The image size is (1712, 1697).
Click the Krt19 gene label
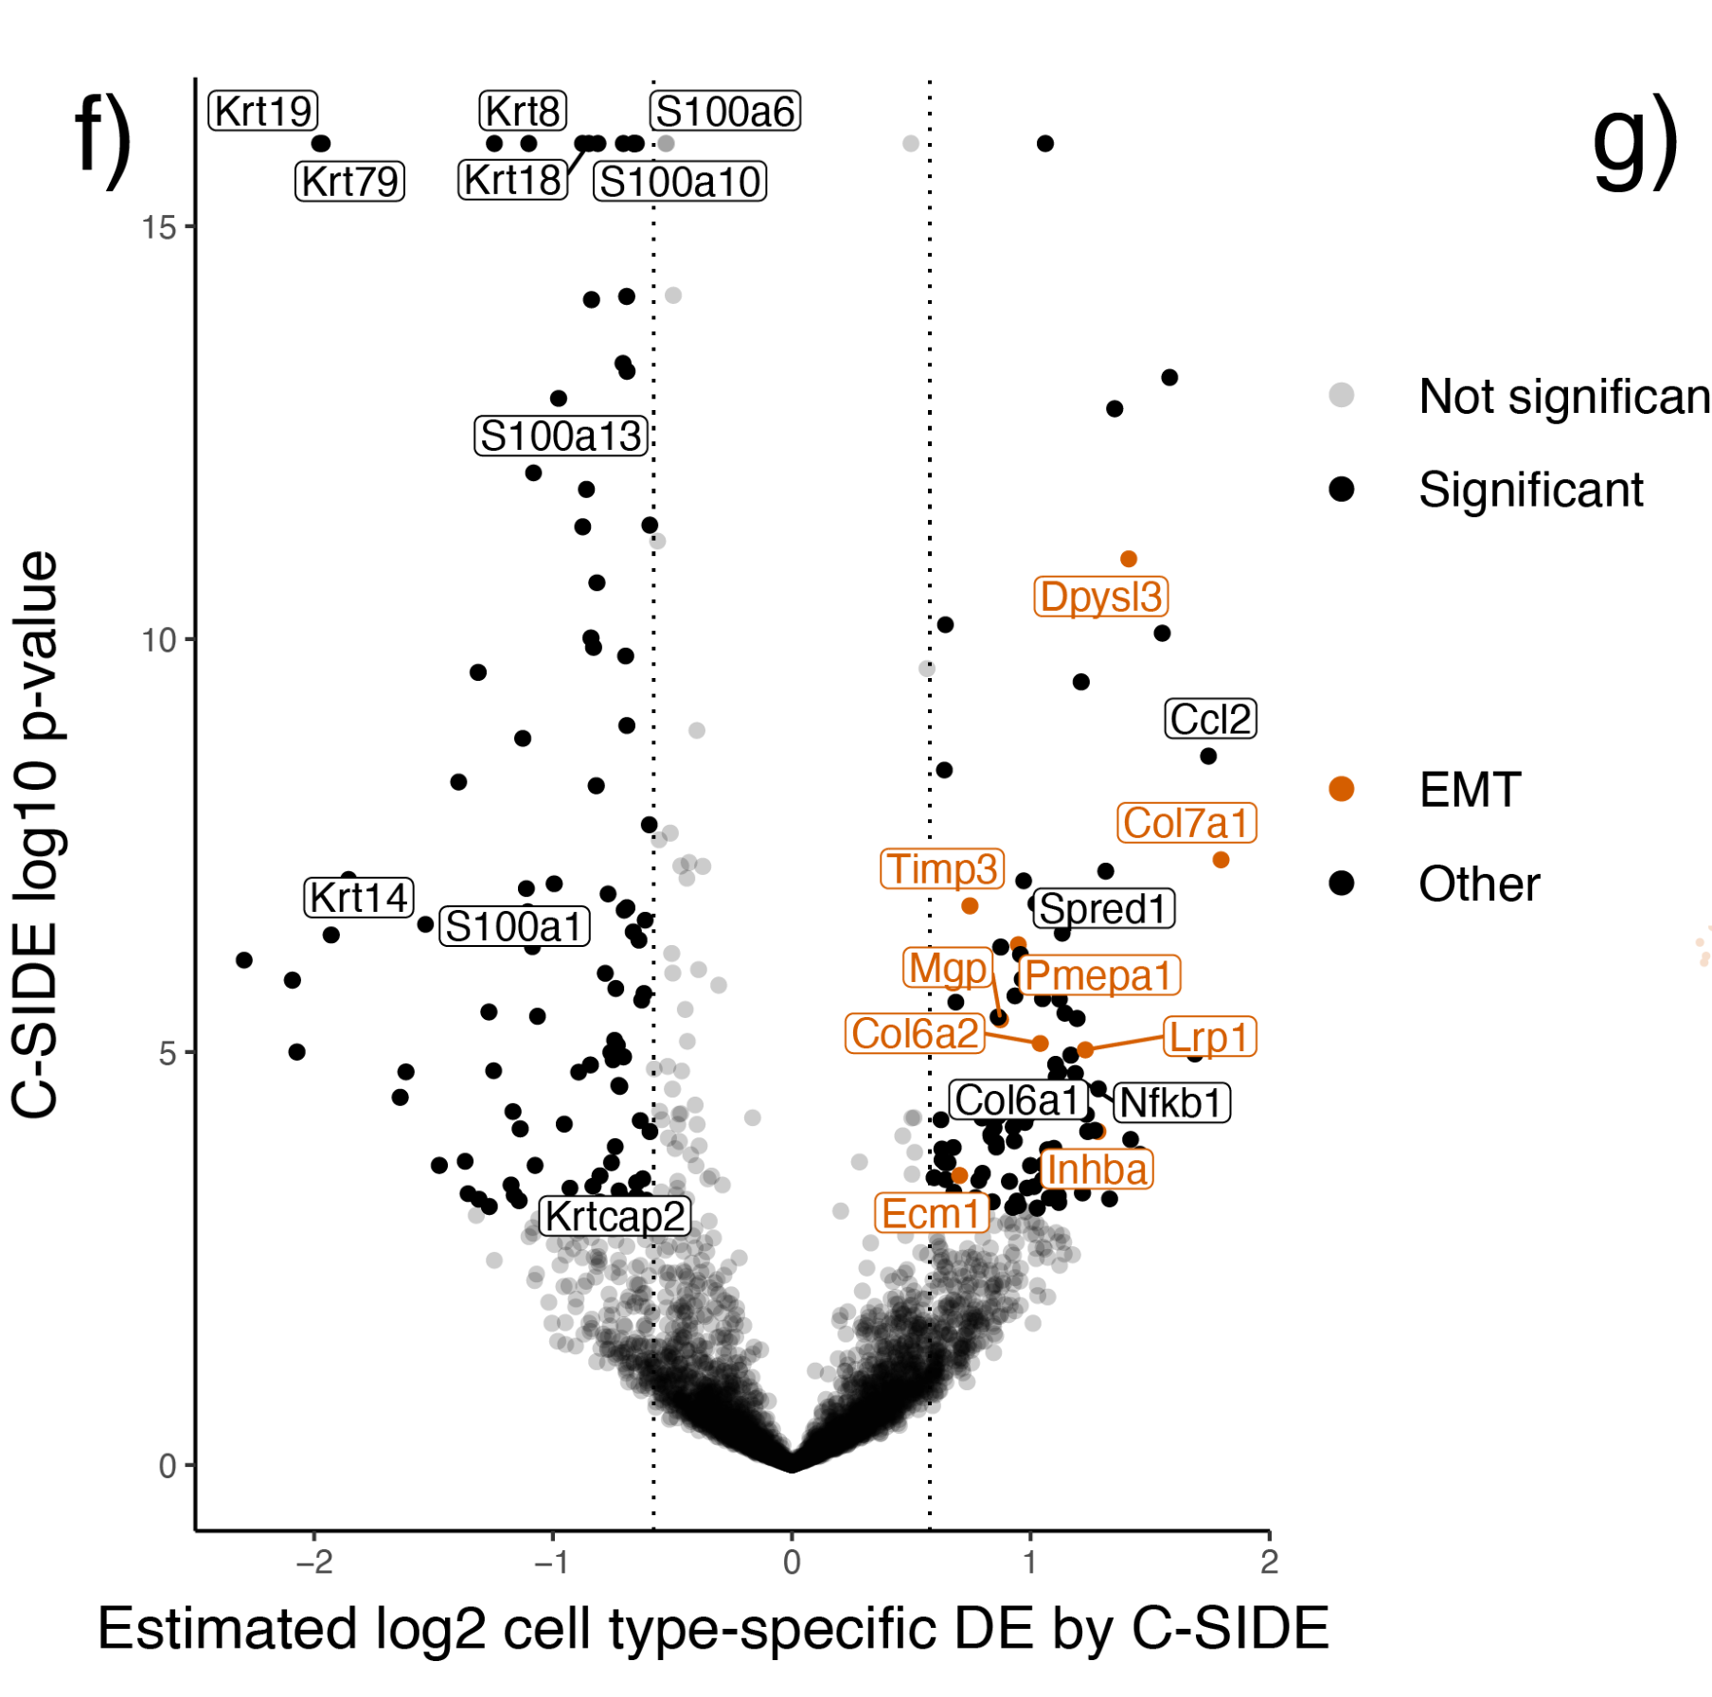(x=262, y=111)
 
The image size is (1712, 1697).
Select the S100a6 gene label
(x=725, y=111)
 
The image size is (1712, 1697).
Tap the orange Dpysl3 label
(x=1100, y=597)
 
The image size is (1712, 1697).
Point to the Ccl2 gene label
(x=1210, y=719)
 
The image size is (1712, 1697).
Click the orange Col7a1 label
(x=1186, y=822)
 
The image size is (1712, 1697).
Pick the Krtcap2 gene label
(x=615, y=1216)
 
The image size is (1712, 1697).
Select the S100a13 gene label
(x=562, y=436)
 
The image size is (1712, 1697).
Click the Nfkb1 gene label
(x=1170, y=1102)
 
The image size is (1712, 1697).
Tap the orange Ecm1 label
(x=931, y=1213)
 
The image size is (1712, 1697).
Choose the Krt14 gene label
(x=359, y=897)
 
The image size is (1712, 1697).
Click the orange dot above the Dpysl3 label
(x=1128, y=559)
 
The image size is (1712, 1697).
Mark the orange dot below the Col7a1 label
(x=1221, y=860)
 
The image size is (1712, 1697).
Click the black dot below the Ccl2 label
(x=1207, y=756)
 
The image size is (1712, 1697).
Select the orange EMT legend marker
(x=1341, y=789)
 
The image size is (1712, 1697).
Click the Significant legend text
(x=1530, y=490)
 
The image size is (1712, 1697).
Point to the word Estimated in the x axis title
(x=227, y=1629)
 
